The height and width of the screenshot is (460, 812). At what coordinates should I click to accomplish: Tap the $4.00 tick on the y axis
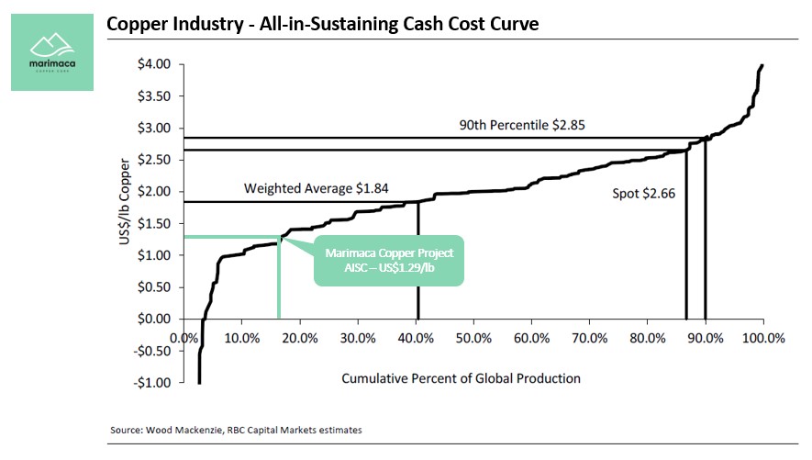pos(154,64)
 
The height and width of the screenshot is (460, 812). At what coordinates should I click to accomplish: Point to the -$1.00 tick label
pos(152,382)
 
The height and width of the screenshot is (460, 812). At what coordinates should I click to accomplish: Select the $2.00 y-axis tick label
pos(154,191)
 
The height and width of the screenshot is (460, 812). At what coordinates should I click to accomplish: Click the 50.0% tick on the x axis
pos(474,338)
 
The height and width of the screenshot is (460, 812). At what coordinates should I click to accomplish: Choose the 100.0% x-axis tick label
pos(763,338)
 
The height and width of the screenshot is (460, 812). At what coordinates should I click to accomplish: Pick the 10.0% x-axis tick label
pos(242,338)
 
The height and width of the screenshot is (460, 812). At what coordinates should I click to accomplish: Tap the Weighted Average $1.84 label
pos(316,188)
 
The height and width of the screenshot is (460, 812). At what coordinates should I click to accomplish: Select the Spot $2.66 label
pos(643,194)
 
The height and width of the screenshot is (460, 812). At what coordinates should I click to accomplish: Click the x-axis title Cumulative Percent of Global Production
pos(461,377)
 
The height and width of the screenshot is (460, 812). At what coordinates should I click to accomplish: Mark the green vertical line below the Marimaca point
pos(278,280)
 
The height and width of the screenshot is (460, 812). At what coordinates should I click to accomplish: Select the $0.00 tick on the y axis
pos(154,319)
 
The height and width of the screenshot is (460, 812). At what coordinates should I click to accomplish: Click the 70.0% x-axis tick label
pos(590,338)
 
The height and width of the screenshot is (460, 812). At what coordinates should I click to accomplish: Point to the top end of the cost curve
pos(762,66)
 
